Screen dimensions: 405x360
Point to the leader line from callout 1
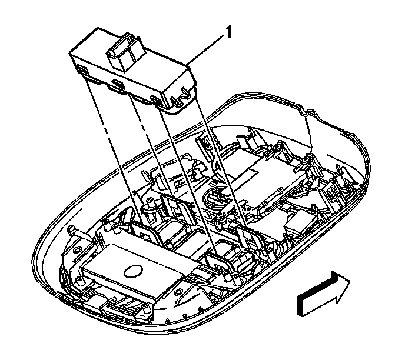206,49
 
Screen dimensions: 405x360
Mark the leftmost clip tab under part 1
82,72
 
